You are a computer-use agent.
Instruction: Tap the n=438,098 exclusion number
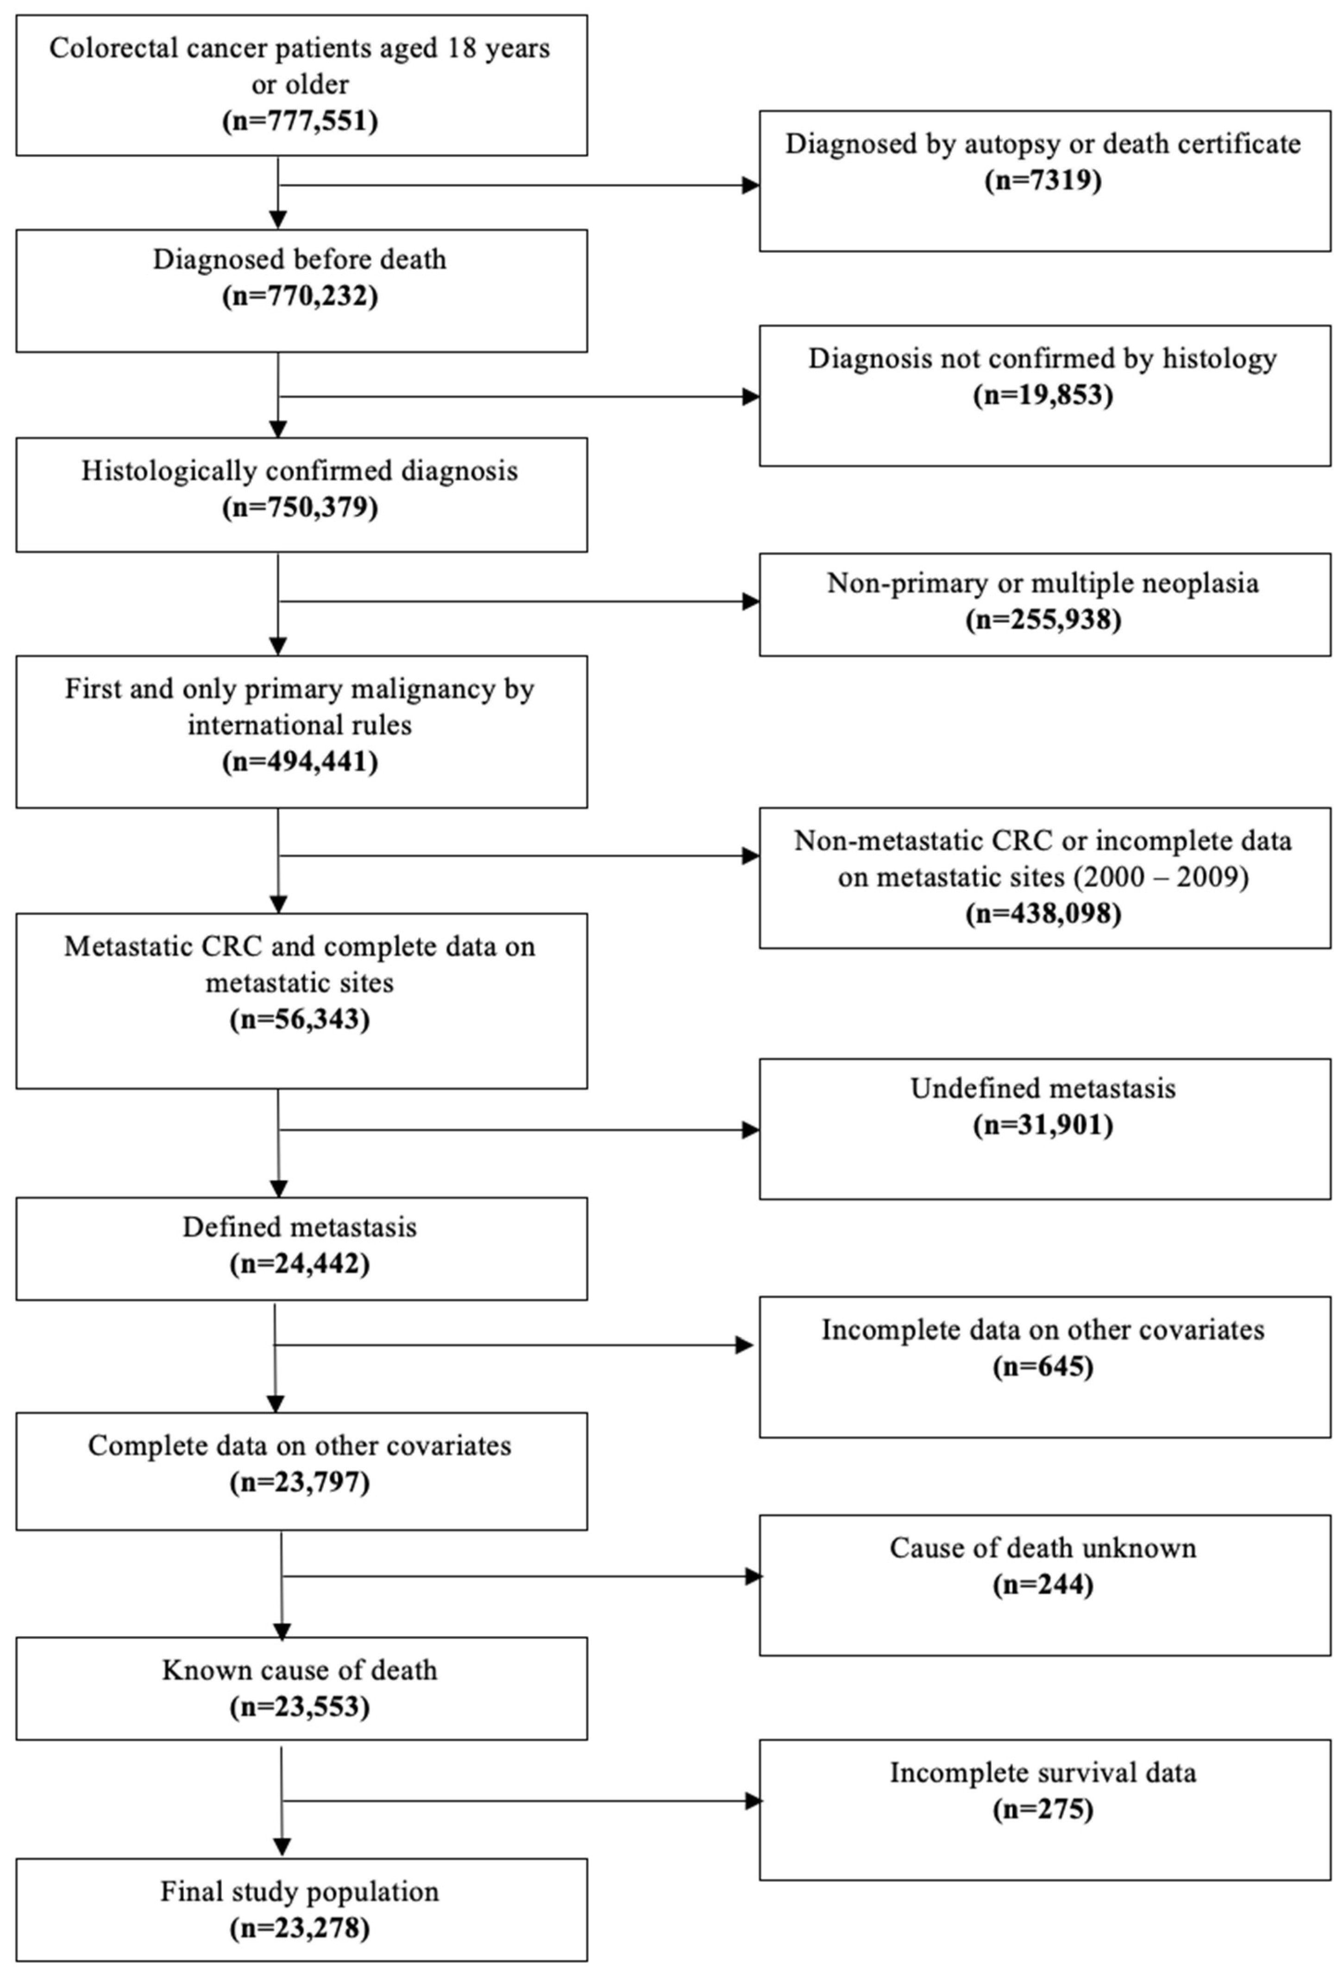pos(1043,914)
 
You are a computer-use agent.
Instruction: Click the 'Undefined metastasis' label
pos(1043,1089)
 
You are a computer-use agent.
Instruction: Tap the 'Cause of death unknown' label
pos(1043,1548)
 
